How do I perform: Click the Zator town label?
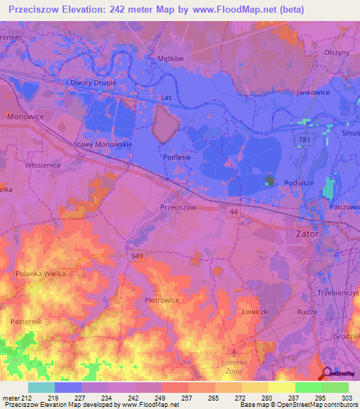pyautogui.click(x=307, y=234)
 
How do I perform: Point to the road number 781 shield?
pyautogui.click(x=304, y=141)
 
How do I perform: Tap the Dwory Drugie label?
pyautogui.click(x=93, y=82)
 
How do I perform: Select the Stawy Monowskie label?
pyautogui.click(x=103, y=144)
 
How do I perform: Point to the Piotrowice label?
pyautogui.click(x=162, y=300)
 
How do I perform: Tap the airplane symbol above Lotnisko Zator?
pyautogui.click(x=234, y=349)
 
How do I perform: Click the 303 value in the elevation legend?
pyautogui.click(x=347, y=398)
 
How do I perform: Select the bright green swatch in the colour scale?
pyautogui.click(x=309, y=387)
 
